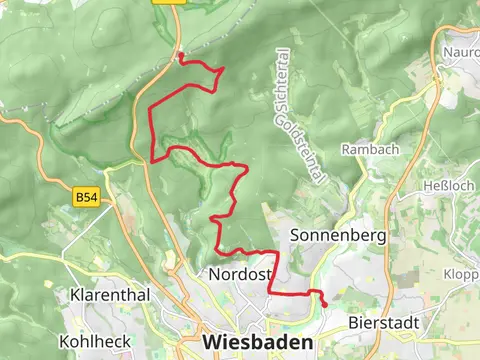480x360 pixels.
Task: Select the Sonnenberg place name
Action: (338, 235)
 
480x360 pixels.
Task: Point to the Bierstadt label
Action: (381, 323)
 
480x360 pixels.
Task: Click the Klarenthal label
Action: (109, 296)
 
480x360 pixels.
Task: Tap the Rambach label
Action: (370, 149)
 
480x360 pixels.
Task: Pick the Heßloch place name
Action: (445, 186)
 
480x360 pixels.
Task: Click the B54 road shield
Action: (87, 199)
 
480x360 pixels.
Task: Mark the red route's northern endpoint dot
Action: (180, 55)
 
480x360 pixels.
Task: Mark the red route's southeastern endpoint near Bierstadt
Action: (324, 303)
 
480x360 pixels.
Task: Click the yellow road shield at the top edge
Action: (166, 3)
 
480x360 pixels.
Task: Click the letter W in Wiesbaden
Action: (212, 342)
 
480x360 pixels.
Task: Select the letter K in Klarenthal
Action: (75, 296)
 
